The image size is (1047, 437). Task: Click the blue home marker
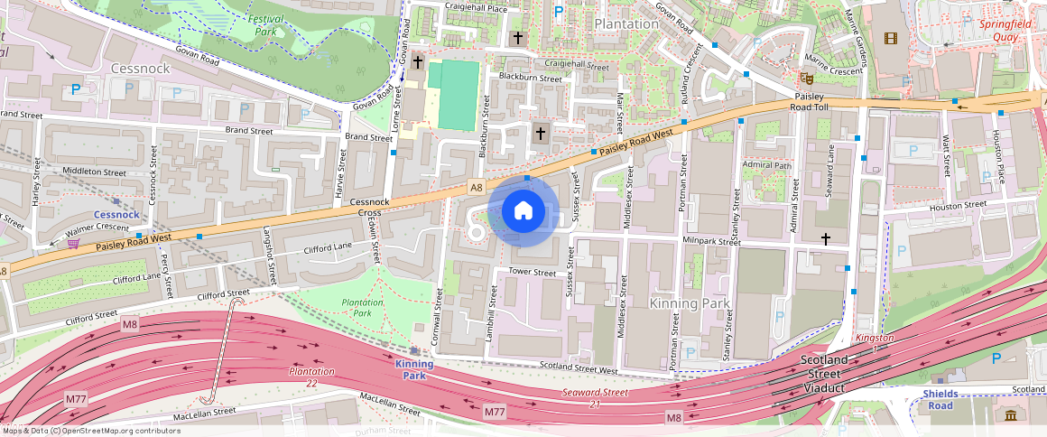point(523,211)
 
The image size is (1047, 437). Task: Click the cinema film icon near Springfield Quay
point(892,38)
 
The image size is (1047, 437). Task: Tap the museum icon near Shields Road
point(1010,414)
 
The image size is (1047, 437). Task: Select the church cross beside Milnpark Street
point(826,238)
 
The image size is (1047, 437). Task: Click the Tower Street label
point(533,272)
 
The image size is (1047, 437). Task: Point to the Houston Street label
point(958,206)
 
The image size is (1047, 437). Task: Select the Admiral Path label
point(765,165)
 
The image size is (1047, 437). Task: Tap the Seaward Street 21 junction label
point(595,397)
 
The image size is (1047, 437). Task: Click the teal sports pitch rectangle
point(458,95)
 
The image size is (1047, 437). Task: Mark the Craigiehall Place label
point(476,8)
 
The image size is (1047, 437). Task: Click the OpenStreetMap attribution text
point(90,431)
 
